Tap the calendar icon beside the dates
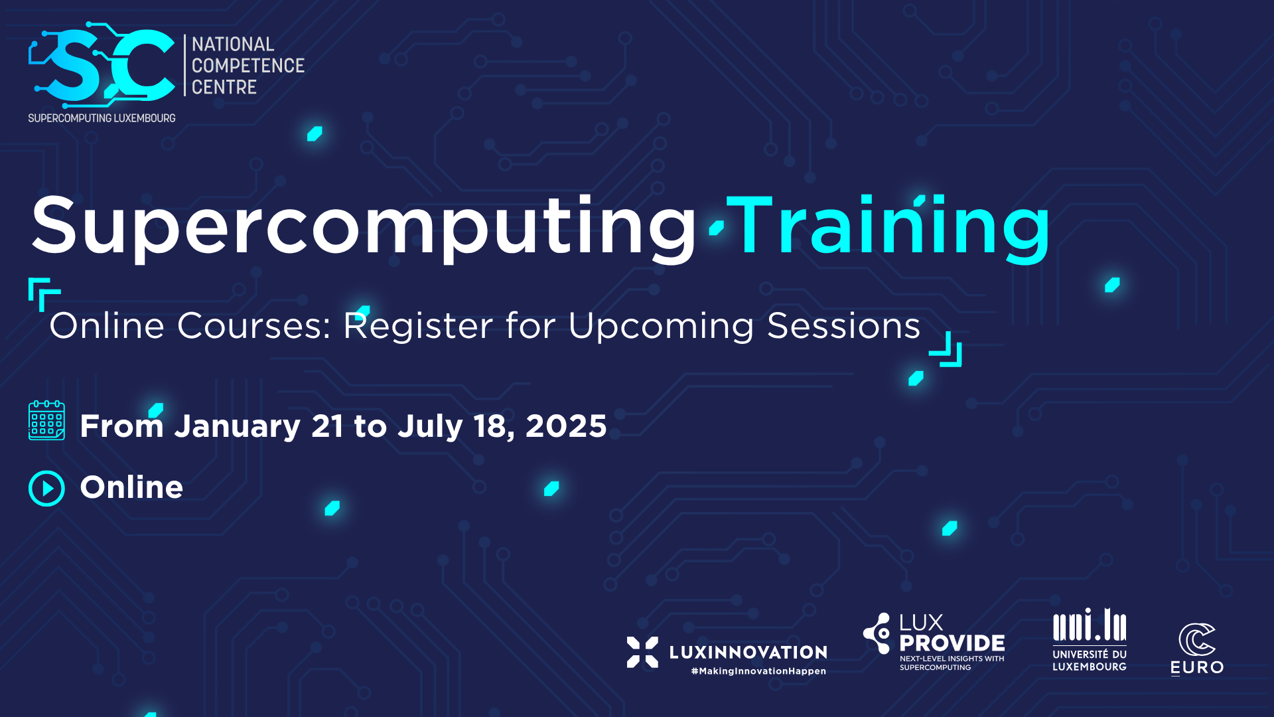(46, 420)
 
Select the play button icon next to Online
(46, 489)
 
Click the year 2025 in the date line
(566, 426)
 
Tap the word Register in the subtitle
(418, 327)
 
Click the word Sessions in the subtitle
(844, 325)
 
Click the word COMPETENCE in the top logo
(248, 66)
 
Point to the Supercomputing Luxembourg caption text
(102, 118)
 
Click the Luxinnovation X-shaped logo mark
(642, 652)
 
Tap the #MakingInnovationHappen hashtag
(758, 671)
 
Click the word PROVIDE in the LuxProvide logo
(952, 643)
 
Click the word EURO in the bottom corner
(1197, 667)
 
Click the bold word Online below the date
(131, 487)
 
